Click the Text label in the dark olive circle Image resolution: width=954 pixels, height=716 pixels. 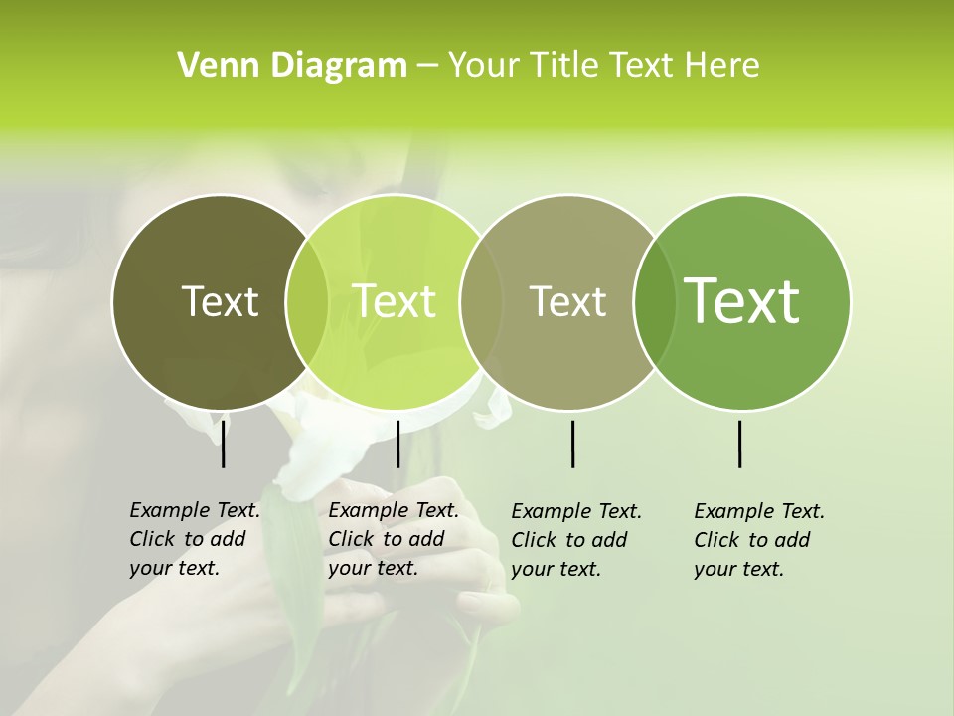point(220,301)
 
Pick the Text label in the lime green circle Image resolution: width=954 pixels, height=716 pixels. point(394,301)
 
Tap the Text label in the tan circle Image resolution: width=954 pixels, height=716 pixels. point(567,301)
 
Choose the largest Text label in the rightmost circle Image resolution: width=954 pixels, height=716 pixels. point(742,301)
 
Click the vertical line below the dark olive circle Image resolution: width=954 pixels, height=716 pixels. point(223,444)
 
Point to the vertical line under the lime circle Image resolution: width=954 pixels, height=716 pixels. point(397,444)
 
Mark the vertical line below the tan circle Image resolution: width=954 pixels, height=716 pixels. point(573,444)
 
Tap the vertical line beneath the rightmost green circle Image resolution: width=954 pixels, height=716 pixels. point(740,444)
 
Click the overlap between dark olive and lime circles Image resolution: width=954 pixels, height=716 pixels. point(307,301)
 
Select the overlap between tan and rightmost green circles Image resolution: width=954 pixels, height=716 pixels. point(649,301)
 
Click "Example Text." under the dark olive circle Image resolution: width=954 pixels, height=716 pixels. point(195,510)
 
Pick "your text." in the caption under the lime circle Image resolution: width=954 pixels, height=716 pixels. point(373,568)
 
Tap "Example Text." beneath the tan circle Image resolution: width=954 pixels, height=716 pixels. point(576,511)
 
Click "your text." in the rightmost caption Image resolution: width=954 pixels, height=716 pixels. point(738,569)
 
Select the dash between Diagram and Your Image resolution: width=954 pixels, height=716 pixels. point(427,67)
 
